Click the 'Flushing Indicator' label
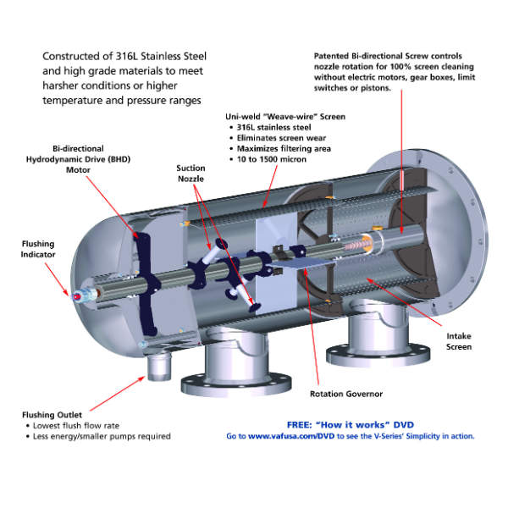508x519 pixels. pos(38,249)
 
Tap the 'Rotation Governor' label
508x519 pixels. pos(346,394)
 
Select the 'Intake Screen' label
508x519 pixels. pos(459,341)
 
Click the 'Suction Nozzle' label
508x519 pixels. pos(190,174)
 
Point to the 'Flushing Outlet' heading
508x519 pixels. pos(52,415)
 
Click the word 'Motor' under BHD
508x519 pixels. pos(78,170)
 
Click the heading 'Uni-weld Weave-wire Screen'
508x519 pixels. pos(285,117)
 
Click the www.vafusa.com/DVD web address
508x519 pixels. pos(291,436)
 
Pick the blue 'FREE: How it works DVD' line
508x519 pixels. pos(351,425)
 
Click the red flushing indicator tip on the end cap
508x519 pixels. pos(76,297)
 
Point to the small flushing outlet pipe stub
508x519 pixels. pos(159,366)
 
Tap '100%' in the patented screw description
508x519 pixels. pos(400,67)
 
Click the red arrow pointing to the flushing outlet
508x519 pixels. pos(118,393)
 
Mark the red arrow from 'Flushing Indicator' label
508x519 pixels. pos(57,279)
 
